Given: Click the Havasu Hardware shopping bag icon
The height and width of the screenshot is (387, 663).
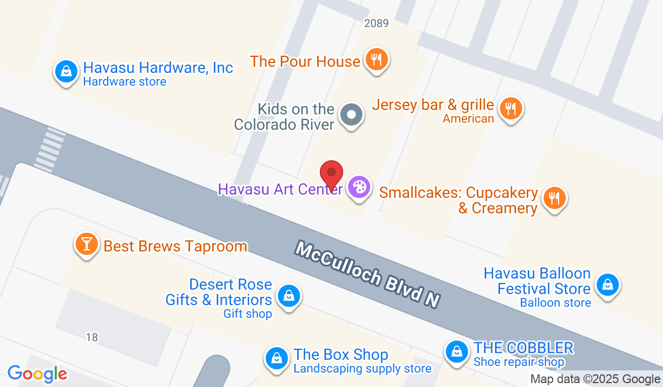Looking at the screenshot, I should coord(66,72).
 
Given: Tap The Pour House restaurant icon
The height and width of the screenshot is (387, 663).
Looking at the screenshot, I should coord(377,59).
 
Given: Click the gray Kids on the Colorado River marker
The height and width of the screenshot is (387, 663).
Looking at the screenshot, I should coord(351,116).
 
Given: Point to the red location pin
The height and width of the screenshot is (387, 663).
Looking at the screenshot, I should coord(331,174).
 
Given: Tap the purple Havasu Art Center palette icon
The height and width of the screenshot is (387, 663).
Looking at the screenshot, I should coord(359,187).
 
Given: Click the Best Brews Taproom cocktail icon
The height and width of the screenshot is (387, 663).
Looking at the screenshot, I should coord(86,243).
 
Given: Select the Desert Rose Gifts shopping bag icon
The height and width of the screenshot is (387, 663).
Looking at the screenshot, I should coord(288,295).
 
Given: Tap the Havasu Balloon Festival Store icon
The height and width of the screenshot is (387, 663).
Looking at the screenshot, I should coord(607,285).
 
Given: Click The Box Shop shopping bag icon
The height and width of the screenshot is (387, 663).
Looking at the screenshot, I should coord(276,358).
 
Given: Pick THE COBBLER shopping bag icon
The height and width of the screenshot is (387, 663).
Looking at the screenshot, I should coord(457,351).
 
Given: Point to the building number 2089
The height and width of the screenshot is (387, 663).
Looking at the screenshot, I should coord(376,23).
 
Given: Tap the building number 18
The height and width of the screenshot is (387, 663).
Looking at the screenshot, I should coord(92,337).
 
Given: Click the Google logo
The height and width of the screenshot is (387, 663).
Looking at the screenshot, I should coord(37,374).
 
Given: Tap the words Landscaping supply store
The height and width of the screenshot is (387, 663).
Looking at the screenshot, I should coord(362,368).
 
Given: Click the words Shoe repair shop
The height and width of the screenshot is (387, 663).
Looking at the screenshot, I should coord(519,362).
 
